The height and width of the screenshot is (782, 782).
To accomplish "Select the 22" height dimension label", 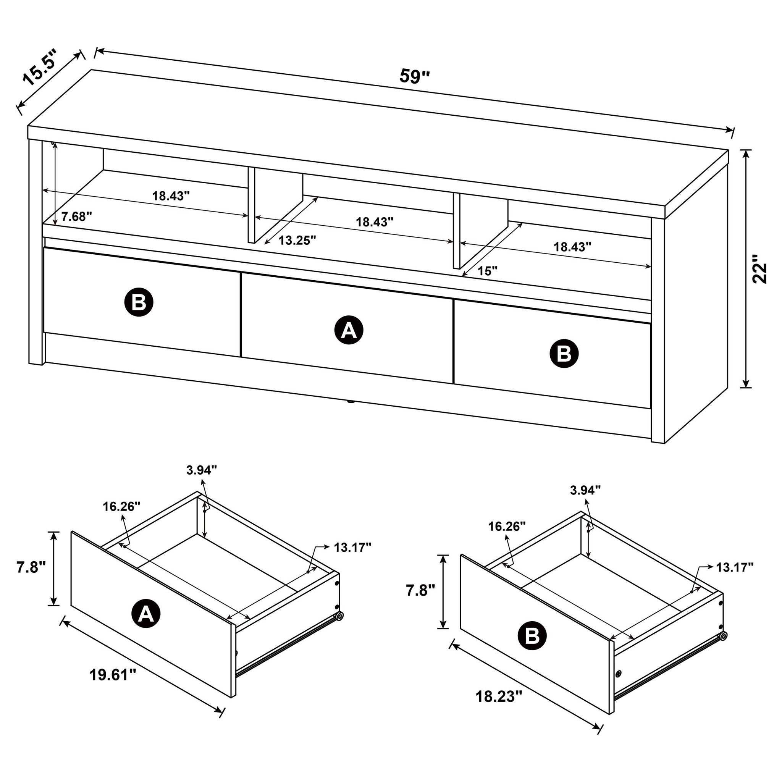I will point(759,269).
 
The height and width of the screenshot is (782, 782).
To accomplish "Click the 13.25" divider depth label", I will point(297,241).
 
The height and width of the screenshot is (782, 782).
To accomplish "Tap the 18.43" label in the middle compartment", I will point(375,222).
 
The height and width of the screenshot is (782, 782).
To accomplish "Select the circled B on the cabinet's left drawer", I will point(139,302).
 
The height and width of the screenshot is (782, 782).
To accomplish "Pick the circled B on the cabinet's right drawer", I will point(564,354).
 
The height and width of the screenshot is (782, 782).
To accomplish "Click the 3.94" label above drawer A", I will point(202,470).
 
